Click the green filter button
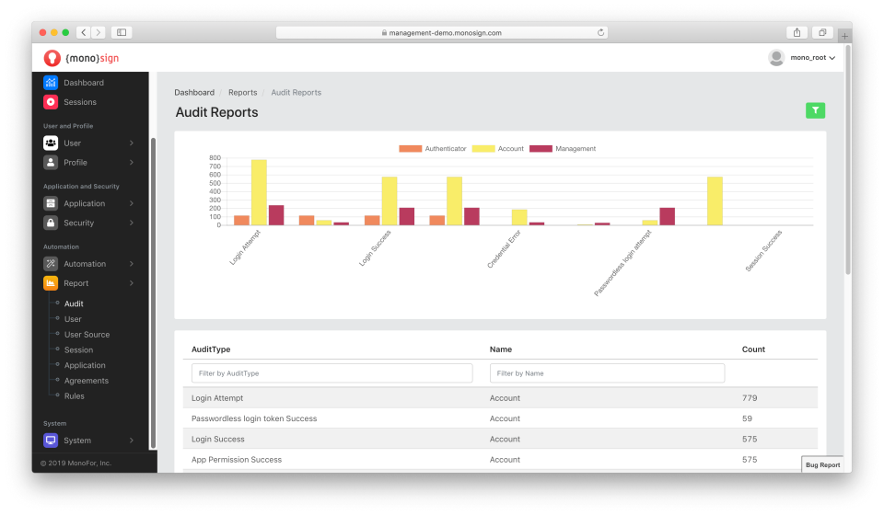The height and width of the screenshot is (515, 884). coord(815,110)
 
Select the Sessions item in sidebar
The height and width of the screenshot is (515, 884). coord(79,102)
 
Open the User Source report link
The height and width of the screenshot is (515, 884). coord(87,335)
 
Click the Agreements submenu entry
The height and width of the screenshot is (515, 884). coord(86,381)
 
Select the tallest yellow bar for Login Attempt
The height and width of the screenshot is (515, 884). coord(259,192)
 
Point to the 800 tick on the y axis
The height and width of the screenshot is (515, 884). coord(215,158)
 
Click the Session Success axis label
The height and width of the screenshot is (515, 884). coord(763,251)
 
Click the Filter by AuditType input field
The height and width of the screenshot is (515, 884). coord(331,373)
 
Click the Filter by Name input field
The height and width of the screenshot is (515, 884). coord(607,373)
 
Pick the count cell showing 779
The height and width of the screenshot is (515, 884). coord(750,398)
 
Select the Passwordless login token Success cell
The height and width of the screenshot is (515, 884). coord(254,418)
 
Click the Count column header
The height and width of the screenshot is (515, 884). coord(753,349)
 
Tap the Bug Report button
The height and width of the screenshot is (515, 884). coord(822,464)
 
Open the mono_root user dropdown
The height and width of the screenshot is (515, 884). coord(803,57)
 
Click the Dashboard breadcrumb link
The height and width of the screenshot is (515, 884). coord(194,92)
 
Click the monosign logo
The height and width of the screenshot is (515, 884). coord(81,58)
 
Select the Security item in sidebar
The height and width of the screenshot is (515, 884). coord(78,223)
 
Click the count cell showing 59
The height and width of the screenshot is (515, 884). coord(747,418)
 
